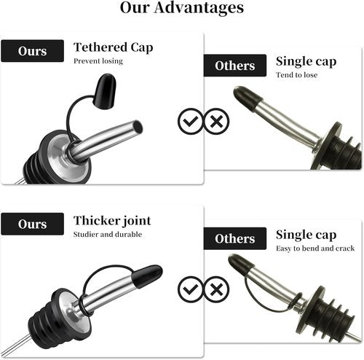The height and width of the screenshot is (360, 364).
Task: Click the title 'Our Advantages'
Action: coord(182,8)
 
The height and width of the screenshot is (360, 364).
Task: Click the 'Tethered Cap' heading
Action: coord(113,47)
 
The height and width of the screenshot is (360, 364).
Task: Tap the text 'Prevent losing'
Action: coord(98,61)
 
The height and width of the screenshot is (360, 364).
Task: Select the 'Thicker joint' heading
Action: coord(112,221)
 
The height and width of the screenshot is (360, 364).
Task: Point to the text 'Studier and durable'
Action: coord(108,235)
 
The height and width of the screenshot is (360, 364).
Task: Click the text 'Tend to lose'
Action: coord(296,75)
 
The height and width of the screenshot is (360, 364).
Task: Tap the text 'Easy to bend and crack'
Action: coord(315,249)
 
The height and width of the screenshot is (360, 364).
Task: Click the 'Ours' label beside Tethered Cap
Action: coord(32,51)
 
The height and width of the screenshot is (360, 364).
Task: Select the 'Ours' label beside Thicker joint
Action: coord(32,224)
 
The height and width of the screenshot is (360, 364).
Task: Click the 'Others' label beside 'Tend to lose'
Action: coord(235,66)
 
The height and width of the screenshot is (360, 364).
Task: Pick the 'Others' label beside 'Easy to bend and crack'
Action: coord(235,238)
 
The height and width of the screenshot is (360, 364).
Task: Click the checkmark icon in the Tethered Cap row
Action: coord(191,121)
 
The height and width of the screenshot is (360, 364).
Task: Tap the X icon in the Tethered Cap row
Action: coord(216,121)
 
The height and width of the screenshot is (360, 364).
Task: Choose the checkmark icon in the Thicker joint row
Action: coord(191,289)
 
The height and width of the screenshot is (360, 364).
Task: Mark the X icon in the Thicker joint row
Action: coord(216,289)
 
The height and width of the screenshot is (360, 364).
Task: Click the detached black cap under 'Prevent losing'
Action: coord(105,91)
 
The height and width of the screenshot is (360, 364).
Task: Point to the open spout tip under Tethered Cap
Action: coord(138,127)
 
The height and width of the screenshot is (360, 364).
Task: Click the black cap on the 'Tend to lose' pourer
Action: coord(248,98)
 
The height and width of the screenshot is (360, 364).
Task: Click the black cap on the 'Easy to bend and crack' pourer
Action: coord(242,265)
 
